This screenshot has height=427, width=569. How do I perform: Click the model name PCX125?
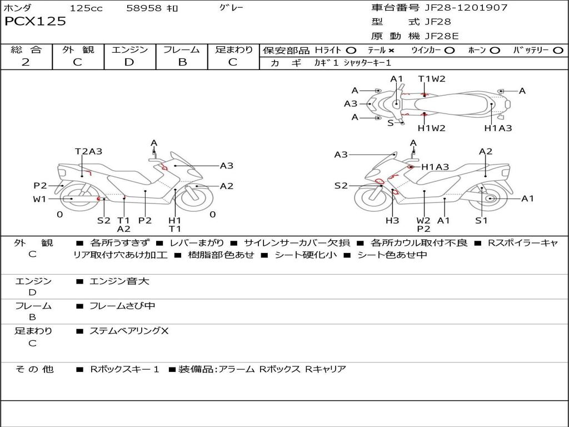[x=35, y=22]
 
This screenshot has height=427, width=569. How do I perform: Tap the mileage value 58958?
[x=144, y=8]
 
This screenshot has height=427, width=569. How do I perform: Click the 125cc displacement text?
[x=86, y=8]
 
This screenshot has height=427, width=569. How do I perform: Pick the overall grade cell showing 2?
[x=26, y=62]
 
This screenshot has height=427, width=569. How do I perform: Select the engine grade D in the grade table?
[x=129, y=62]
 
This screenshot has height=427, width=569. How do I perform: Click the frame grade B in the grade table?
[x=182, y=62]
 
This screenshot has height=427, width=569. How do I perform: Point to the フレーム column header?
[x=182, y=50]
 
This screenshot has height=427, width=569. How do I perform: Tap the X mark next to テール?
[x=391, y=51]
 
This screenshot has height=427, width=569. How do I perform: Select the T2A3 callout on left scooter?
[x=89, y=151]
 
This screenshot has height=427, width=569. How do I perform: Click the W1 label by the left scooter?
[x=39, y=199]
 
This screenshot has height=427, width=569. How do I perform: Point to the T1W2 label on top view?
[x=432, y=79]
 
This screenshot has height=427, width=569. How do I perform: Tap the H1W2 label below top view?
[x=432, y=128]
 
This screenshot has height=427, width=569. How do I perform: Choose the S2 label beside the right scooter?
[x=341, y=186]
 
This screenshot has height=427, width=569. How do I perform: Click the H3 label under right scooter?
[x=392, y=221]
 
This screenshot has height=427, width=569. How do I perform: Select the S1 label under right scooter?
[x=481, y=221]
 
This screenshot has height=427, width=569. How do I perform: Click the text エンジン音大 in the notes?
[x=119, y=281]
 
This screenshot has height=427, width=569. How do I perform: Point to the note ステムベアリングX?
[x=129, y=331]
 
